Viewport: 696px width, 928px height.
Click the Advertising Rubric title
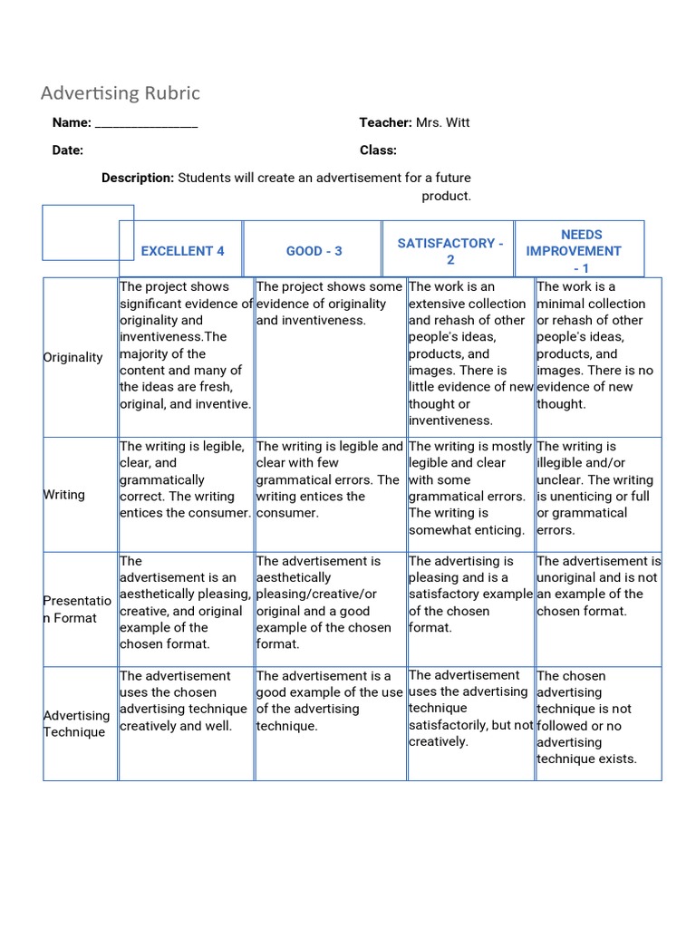(121, 93)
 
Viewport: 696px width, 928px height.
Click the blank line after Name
(146, 123)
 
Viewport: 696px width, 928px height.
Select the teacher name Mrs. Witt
(442, 122)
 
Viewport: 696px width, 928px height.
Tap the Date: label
(68, 150)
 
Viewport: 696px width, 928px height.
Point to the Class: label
(378, 150)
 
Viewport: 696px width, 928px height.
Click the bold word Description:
(138, 178)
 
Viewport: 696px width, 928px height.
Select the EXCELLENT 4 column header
(182, 251)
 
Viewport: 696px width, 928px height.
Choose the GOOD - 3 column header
(314, 251)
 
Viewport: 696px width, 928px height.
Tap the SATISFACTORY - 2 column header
(449, 251)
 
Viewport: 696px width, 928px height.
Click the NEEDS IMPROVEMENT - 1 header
(580, 251)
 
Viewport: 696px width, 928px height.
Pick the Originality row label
(73, 357)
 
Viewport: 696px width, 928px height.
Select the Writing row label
(64, 495)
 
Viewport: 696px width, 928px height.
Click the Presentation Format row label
(77, 609)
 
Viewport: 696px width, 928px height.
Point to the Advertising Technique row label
(76, 723)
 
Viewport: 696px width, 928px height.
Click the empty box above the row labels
(88, 232)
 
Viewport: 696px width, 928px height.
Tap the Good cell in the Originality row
(330, 357)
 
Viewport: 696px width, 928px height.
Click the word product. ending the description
(446, 196)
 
